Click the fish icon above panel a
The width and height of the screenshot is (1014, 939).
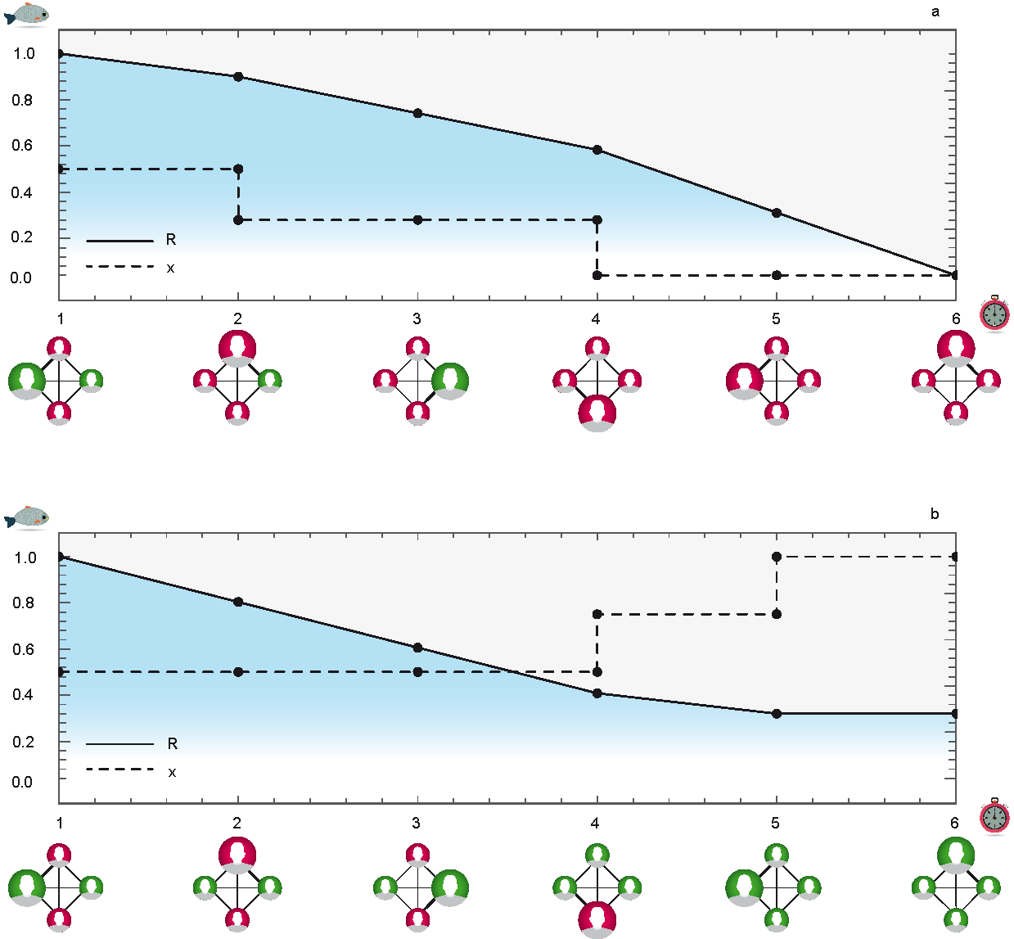point(26,14)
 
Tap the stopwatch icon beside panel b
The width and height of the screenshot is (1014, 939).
point(994,816)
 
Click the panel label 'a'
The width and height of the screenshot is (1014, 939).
point(935,12)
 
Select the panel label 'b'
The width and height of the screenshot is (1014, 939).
point(935,515)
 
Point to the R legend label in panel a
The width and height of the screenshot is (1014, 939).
point(171,240)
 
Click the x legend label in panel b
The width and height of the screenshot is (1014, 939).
point(172,772)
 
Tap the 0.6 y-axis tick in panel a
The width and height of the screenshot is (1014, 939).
point(23,146)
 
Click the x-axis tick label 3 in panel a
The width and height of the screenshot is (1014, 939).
point(417,319)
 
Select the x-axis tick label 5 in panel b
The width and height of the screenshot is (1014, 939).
point(775,824)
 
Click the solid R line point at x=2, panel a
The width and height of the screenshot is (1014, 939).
point(238,77)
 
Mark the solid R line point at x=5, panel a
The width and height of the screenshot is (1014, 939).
point(777,213)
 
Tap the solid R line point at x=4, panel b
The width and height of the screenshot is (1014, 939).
point(597,693)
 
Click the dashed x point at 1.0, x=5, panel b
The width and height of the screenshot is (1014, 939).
point(777,557)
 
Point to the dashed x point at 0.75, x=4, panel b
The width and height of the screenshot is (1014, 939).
point(597,614)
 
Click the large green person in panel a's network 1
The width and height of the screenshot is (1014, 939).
point(27,381)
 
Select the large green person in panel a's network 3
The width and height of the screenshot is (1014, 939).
point(449,381)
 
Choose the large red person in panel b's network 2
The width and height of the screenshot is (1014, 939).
point(237,855)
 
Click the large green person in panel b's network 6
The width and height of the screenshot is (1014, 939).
point(956,855)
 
